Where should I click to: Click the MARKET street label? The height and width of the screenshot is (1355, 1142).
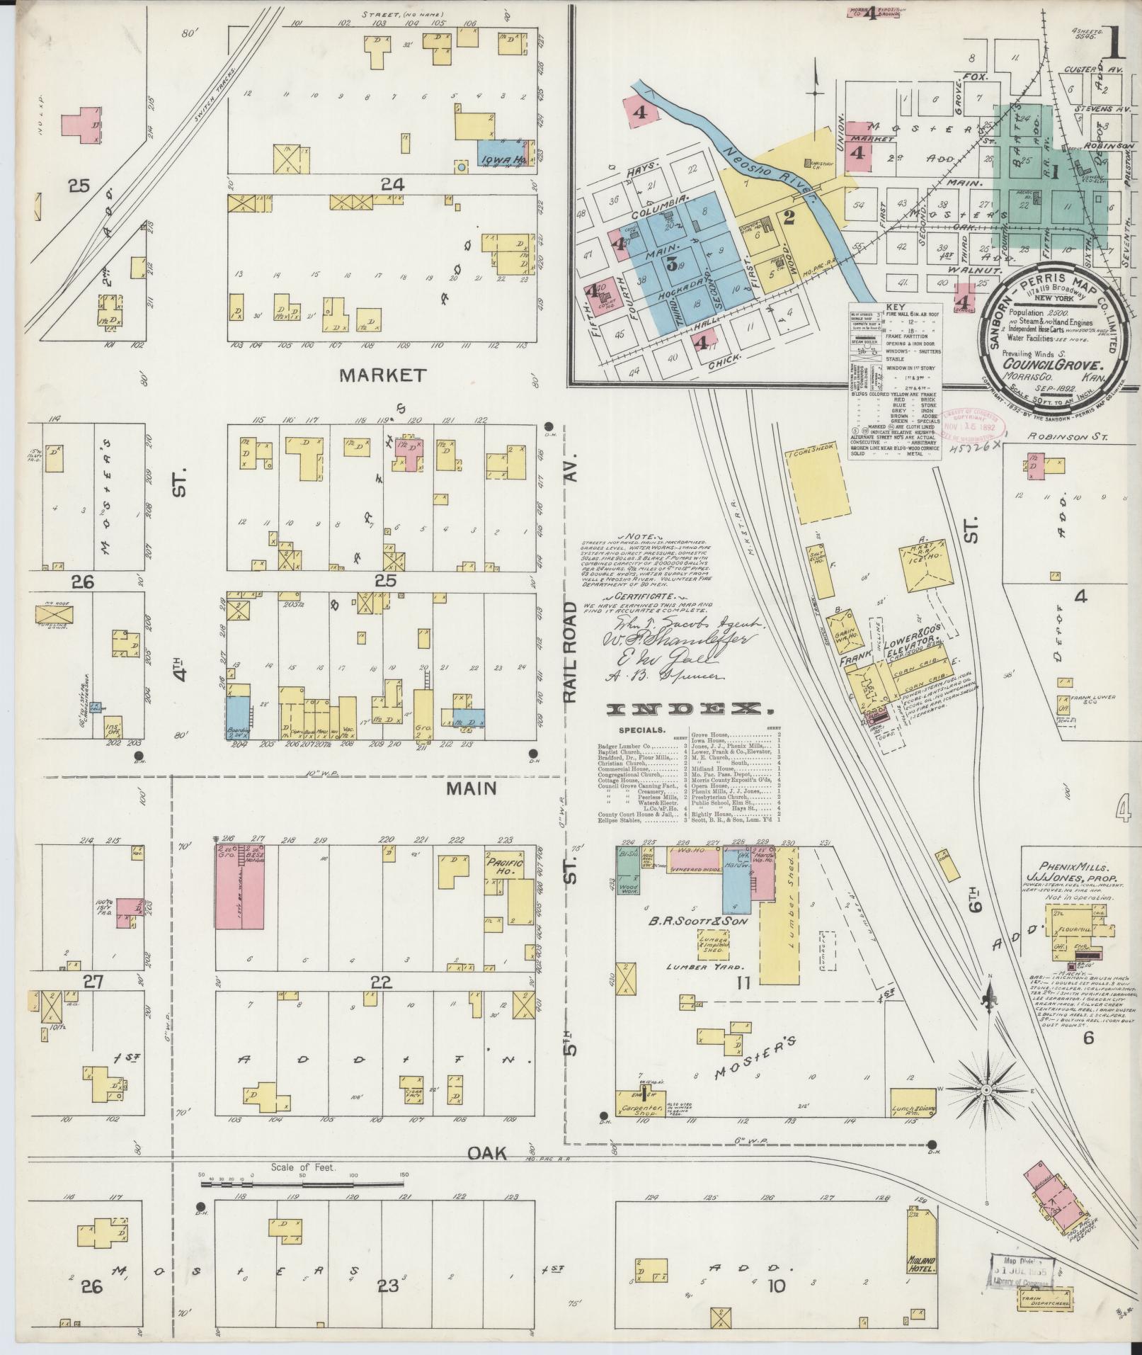coord(383,375)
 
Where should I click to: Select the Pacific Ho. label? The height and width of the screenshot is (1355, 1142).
coord(504,868)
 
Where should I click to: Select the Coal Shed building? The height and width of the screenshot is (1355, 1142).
coord(818,486)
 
